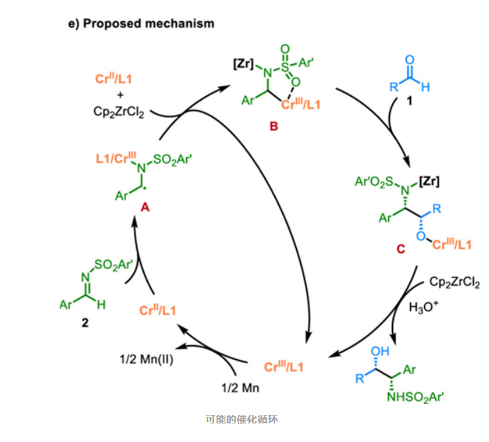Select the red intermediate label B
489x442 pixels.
(x=273, y=126)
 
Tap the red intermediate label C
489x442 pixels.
(x=400, y=249)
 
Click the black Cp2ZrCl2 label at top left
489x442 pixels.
(x=120, y=112)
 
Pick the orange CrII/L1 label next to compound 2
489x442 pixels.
(x=162, y=310)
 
